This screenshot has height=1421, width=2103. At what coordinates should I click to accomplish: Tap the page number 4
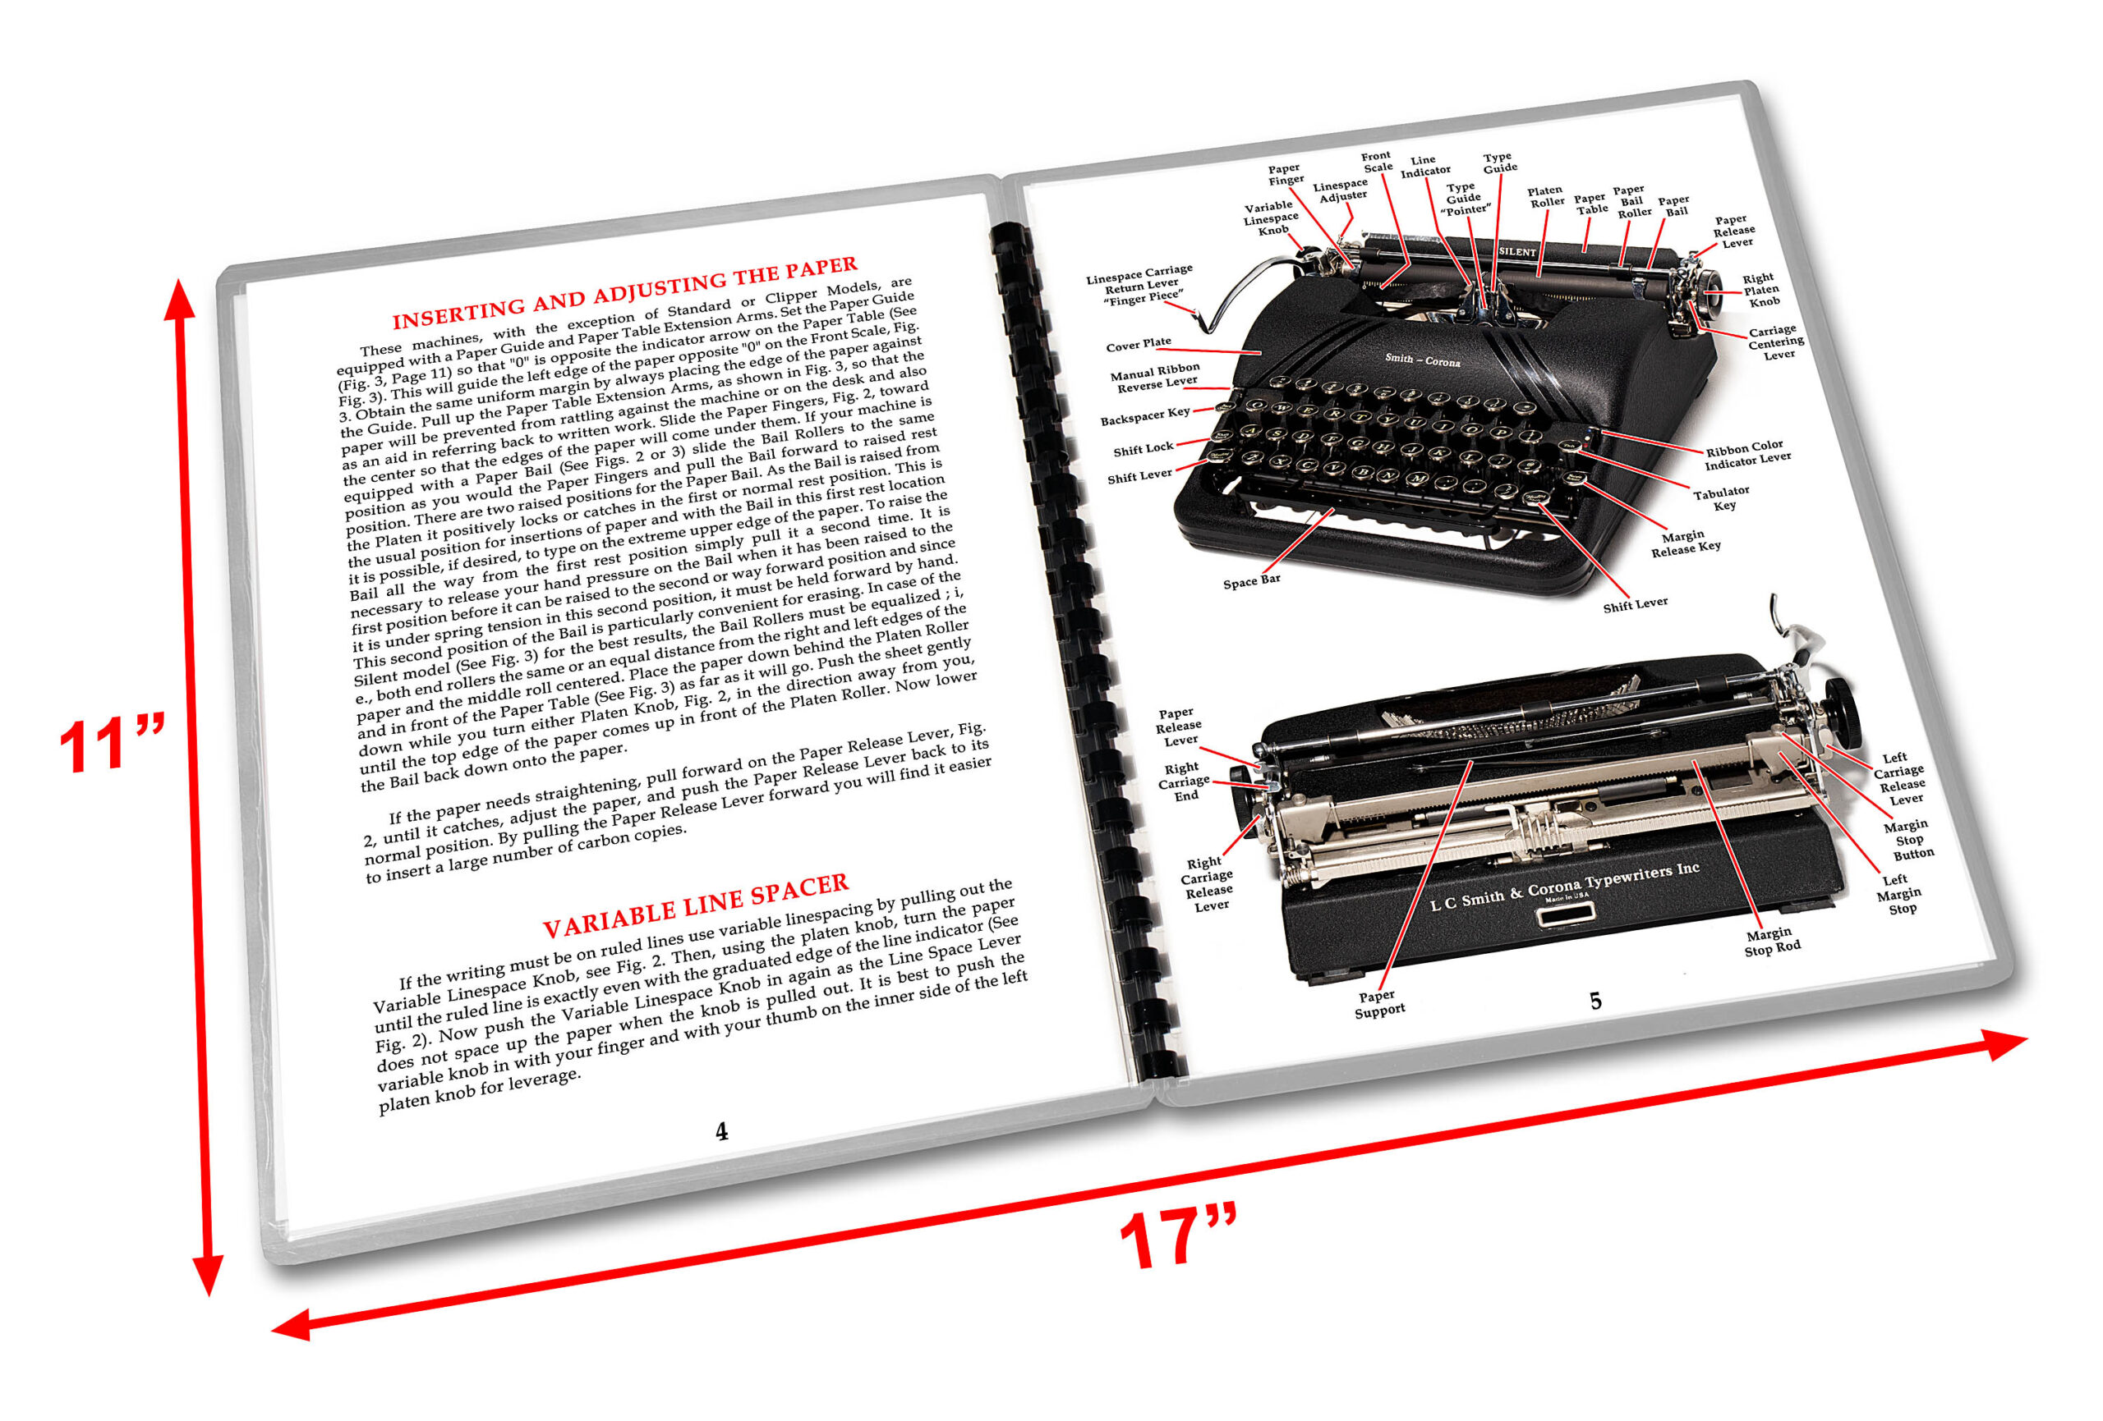click(x=721, y=1131)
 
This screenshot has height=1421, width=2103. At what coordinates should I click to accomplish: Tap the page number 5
click(x=1595, y=1002)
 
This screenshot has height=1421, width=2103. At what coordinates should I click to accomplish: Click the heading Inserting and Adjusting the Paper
click(x=624, y=292)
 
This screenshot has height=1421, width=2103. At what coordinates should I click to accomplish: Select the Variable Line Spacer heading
click(x=695, y=905)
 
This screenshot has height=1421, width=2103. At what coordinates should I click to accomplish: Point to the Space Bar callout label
click(x=1251, y=580)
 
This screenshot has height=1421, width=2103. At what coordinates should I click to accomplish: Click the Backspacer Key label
click(x=1144, y=416)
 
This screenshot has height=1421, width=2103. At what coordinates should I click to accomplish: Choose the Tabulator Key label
click(x=1721, y=497)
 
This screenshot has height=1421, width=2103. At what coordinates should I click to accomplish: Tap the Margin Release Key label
click(x=1685, y=543)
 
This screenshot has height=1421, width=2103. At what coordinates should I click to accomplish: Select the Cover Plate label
click(x=1138, y=344)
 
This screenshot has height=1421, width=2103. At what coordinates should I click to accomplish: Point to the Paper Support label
click(x=1379, y=1003)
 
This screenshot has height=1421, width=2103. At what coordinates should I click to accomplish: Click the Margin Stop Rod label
click(x=1772, y=941)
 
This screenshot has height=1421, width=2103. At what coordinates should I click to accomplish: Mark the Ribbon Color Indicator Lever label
click(x=1746, y=454)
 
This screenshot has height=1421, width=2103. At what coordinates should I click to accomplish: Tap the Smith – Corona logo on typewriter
click(x=1423, y=360)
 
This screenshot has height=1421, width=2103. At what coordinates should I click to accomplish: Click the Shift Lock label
click(x=1142, y=449)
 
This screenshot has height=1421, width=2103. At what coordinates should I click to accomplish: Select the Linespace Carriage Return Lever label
click(x=1140, y=284)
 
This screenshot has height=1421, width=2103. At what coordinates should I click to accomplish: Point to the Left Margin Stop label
click(x=1898, y=894)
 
